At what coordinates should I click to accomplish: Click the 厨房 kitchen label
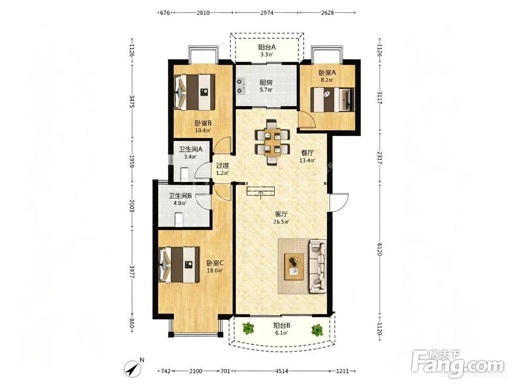(x=266, y=83)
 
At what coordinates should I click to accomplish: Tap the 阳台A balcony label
(x=267, y=47)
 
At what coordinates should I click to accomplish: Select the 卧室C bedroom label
(x=214, y=262)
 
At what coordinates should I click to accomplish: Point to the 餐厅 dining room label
(x=307, y=152)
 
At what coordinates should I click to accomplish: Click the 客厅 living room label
(x=281, y=215)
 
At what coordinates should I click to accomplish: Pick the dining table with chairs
(x=272, y=142)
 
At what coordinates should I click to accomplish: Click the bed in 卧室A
(x=332, y=99)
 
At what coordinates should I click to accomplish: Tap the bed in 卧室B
(x=194, y=92)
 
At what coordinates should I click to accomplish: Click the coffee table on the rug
(x=294, y=266)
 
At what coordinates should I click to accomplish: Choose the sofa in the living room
(x=318, y=266)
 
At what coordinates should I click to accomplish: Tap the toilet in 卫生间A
(x=185, y=174)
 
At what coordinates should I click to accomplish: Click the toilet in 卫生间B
(x=179, y=219)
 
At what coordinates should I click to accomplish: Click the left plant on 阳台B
(x=249, y=328)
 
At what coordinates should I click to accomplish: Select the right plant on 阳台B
(x=317, y=330)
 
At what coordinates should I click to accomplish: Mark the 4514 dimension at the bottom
(x=282, y=371)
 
